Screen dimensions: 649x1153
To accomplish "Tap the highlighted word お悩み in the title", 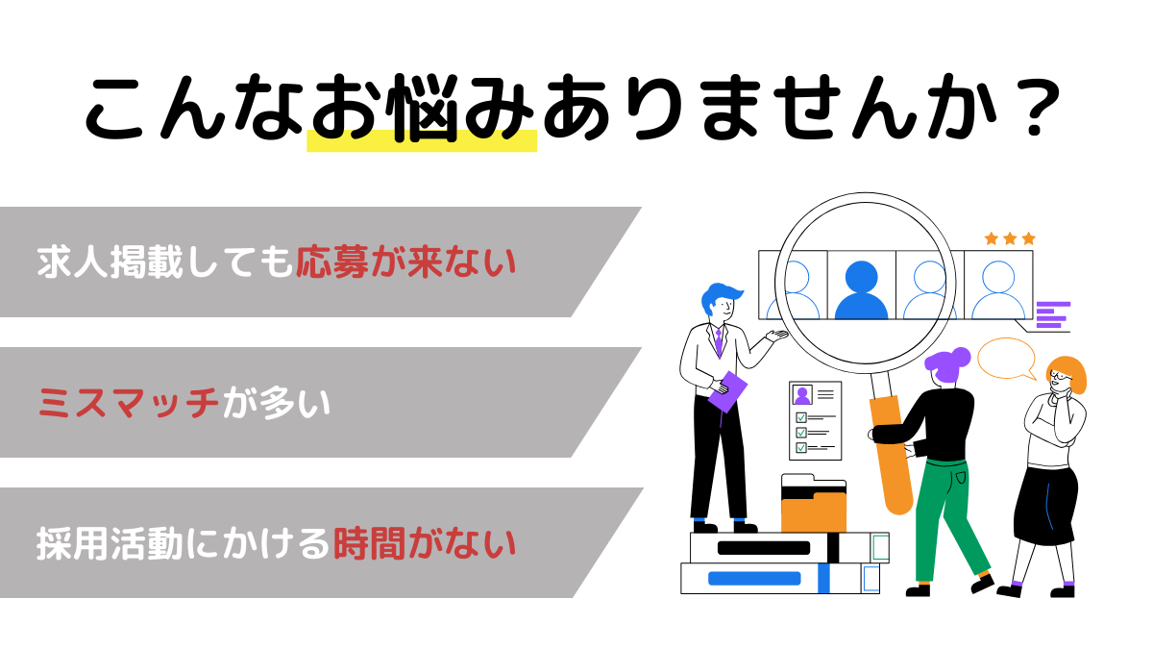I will [x=422, y=111].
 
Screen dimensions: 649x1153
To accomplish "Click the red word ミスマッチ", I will [x=129, y=403].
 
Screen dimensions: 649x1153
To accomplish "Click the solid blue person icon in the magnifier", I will [x=861, y=288].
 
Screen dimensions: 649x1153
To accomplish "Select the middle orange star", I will [x=1010, y=238].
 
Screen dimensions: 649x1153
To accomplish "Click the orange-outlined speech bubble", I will [x=1006, y=359].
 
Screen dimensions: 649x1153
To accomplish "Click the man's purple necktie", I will [x=718, y=341].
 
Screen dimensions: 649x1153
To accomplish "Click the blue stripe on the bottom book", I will [x=754, y=579].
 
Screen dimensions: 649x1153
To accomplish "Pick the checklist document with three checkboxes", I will [x=816, y=420].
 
